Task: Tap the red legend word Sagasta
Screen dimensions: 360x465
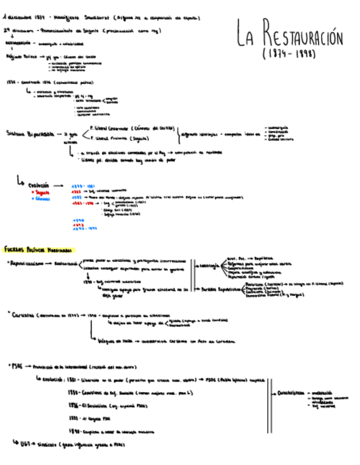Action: [41, 192]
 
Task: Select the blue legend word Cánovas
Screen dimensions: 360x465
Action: [42, 199]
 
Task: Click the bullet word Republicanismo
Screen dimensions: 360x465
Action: [28, 263]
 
